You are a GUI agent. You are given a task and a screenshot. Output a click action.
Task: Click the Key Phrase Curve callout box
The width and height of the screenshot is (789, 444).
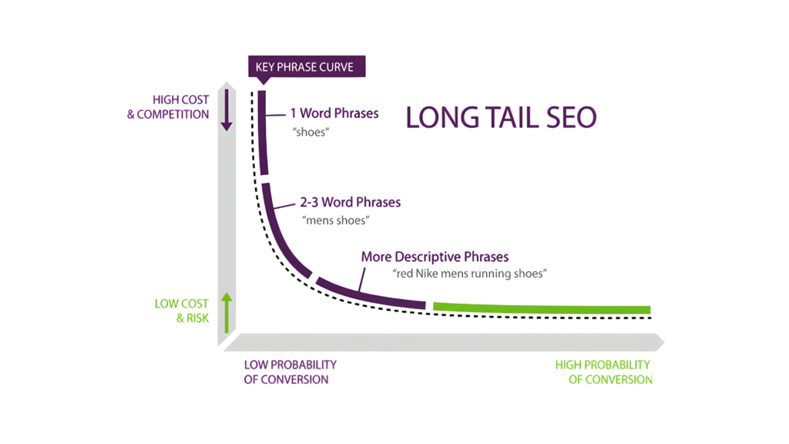click(x=307, y=67)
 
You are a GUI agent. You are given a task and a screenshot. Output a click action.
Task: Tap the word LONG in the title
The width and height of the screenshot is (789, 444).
click(x=441, y=117)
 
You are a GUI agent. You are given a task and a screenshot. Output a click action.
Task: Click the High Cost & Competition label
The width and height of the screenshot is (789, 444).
click(x=169, y=107)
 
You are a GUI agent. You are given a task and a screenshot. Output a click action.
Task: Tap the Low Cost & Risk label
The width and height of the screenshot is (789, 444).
click(x=182, y=311)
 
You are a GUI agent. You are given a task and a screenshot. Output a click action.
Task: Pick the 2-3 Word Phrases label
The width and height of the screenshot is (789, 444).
click(x=351, y=203)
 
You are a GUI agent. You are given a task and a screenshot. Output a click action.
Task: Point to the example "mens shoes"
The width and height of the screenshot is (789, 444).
click(x=336, y=220)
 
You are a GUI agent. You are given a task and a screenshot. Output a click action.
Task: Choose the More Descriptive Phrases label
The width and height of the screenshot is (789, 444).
click(x=435, y=256)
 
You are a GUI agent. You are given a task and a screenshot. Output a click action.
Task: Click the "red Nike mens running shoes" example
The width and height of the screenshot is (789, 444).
click(x=470, y=273)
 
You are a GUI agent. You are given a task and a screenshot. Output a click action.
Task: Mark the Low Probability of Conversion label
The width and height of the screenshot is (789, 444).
click(x=290, y=372)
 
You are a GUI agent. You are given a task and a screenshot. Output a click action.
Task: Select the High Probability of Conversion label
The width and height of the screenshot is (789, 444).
click(x=604, y=372)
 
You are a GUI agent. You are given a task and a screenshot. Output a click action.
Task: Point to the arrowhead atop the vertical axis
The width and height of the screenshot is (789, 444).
click(x=227, y=83)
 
